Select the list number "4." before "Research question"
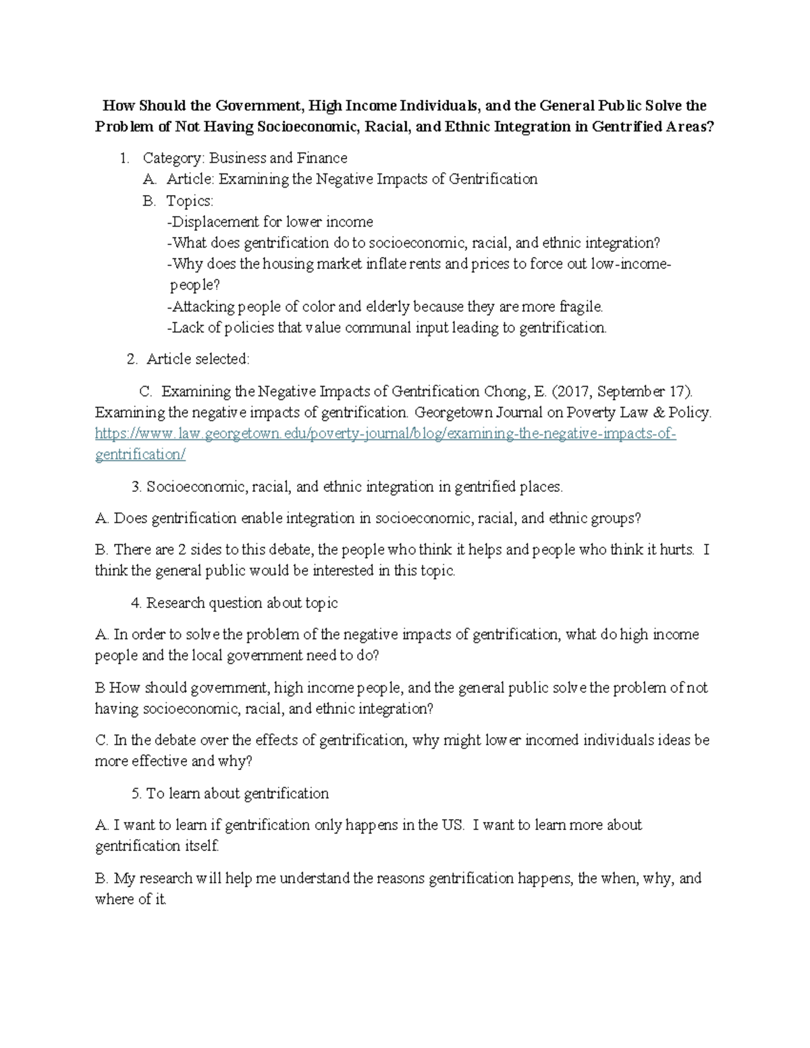tap(136, 603)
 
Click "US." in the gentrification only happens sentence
tap(453, 825)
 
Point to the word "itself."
tap(202, 846)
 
